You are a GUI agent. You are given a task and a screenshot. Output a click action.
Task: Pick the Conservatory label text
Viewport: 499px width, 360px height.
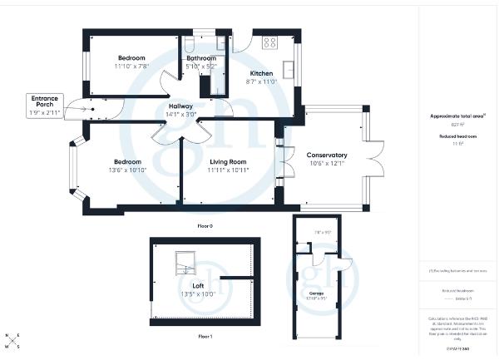[x=327, y=155]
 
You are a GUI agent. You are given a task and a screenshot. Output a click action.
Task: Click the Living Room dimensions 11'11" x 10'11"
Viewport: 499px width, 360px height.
[x=227, y=170]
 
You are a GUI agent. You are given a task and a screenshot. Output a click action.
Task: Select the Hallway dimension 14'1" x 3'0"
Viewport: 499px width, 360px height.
[x=181, y=116]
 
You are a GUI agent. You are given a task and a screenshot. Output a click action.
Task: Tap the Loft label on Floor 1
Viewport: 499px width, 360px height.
[x=199, y=285]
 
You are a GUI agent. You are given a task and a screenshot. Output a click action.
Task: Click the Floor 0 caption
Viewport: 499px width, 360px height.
[x=205, y=225]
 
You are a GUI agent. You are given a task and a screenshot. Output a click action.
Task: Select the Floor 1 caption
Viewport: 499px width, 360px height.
[x=205, y=337]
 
